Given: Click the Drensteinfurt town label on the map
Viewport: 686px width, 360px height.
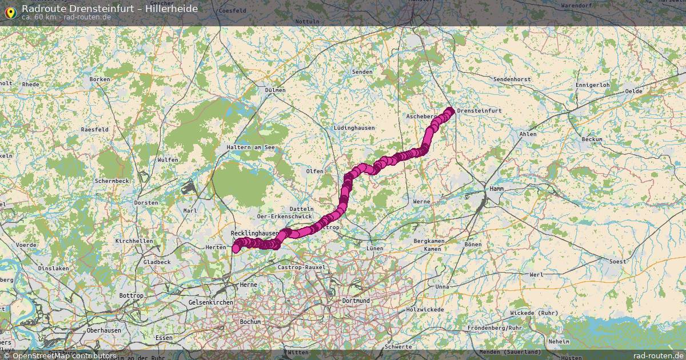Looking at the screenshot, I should (x=479, y=111).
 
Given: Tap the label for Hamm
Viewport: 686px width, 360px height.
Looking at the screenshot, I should (x=496, y=189).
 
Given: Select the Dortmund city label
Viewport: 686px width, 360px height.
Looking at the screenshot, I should (x=356, y=301).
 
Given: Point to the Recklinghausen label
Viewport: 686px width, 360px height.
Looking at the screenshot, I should (x=254, y=234).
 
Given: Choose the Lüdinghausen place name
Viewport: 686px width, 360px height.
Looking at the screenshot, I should (x=354, y=128).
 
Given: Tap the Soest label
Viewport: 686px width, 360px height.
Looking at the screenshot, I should (x=618, y=261).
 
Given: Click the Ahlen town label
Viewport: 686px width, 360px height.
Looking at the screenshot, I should (x=528, y=134).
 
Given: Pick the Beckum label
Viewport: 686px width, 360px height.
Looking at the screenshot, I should (x=592, y=139).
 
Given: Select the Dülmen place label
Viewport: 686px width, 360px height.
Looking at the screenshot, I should (x=275, y=90).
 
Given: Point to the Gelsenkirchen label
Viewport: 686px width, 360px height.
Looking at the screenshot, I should (x=210, y=302).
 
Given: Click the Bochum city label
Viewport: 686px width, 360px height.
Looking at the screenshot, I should (x=250, y=322).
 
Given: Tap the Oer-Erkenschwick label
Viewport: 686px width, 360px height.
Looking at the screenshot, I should (x=284, y=217).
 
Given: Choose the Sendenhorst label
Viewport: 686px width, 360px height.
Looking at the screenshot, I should (x=512, y=79).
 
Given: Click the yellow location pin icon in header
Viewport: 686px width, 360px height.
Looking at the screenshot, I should (x=10, y=11).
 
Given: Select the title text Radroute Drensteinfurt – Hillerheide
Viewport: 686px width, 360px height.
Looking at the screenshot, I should (x=110, y=9).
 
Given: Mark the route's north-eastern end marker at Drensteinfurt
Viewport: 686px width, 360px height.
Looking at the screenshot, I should (x=450, y=111).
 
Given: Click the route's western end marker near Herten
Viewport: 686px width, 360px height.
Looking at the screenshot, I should (x=236, y=249).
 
